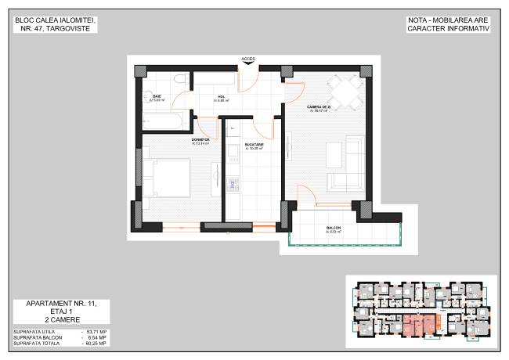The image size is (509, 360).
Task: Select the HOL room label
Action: click(222, 97)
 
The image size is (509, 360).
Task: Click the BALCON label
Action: click(334, 229)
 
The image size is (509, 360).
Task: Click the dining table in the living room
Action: click(344, 92)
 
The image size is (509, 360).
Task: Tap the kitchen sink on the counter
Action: click(232, 185)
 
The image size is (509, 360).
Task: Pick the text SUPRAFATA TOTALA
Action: click(37, 344)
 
